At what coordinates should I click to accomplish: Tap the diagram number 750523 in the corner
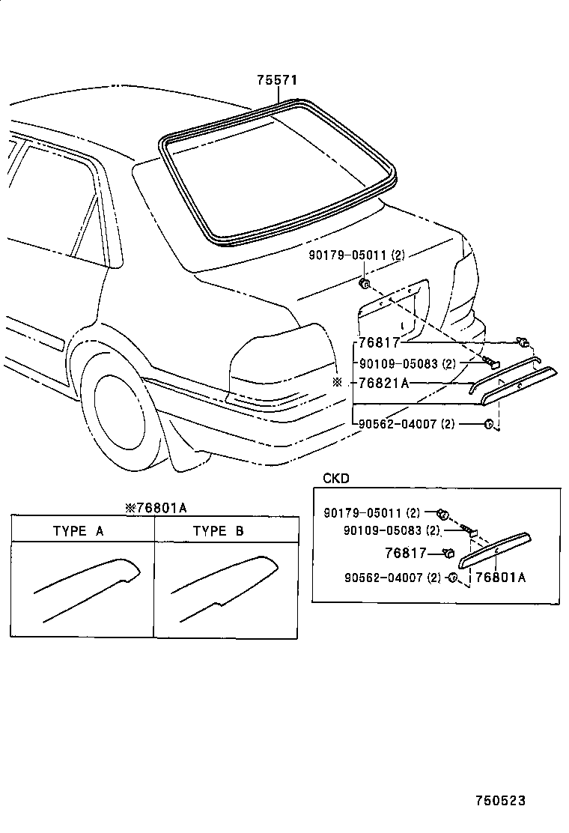click(x=499, y=801)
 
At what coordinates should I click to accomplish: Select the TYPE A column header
click(x=78, y=531)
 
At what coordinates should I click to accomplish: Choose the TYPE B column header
click(x=218, y=531)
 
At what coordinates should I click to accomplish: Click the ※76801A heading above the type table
click(x=156, y=508)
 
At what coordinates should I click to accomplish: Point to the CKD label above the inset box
click(x=335, y=478)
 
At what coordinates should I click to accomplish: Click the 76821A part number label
click(x=383, y=383)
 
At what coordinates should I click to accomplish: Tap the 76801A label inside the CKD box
click(x=500, y=577)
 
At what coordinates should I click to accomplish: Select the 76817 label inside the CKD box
click(x=405, y=554)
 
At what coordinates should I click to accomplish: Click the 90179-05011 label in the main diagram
click(x=356, y=255)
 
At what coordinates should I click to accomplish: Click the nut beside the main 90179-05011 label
click(x=365, y=283)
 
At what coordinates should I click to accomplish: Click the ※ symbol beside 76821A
click(x=337, y=382)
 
